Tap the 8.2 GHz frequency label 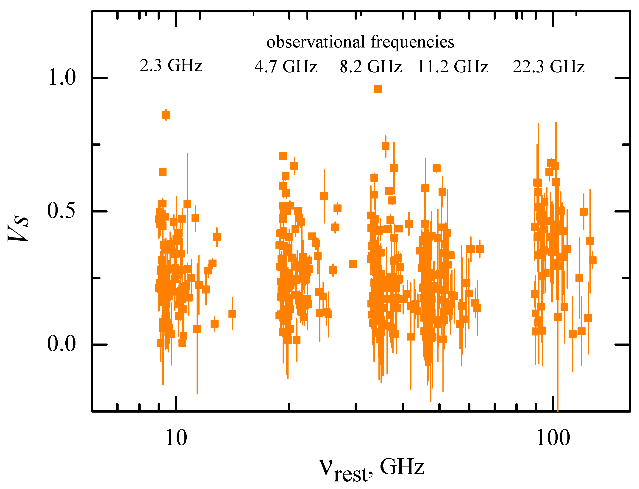click(x=371, y=67)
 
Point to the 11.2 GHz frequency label click(x=453, y=67)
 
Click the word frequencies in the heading click(x=412, y=42)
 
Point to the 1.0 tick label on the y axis click(x=62, y=78)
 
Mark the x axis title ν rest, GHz click(x=371, y=469)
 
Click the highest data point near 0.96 click(x=378, y=89)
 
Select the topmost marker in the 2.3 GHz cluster click(x=166, y=115)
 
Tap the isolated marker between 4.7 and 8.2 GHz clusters click(x=353, y=264)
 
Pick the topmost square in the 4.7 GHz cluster click(x=283, y=156)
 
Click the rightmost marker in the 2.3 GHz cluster click(x=232, y=314)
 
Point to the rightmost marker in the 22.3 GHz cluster click(x=592, y=260)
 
